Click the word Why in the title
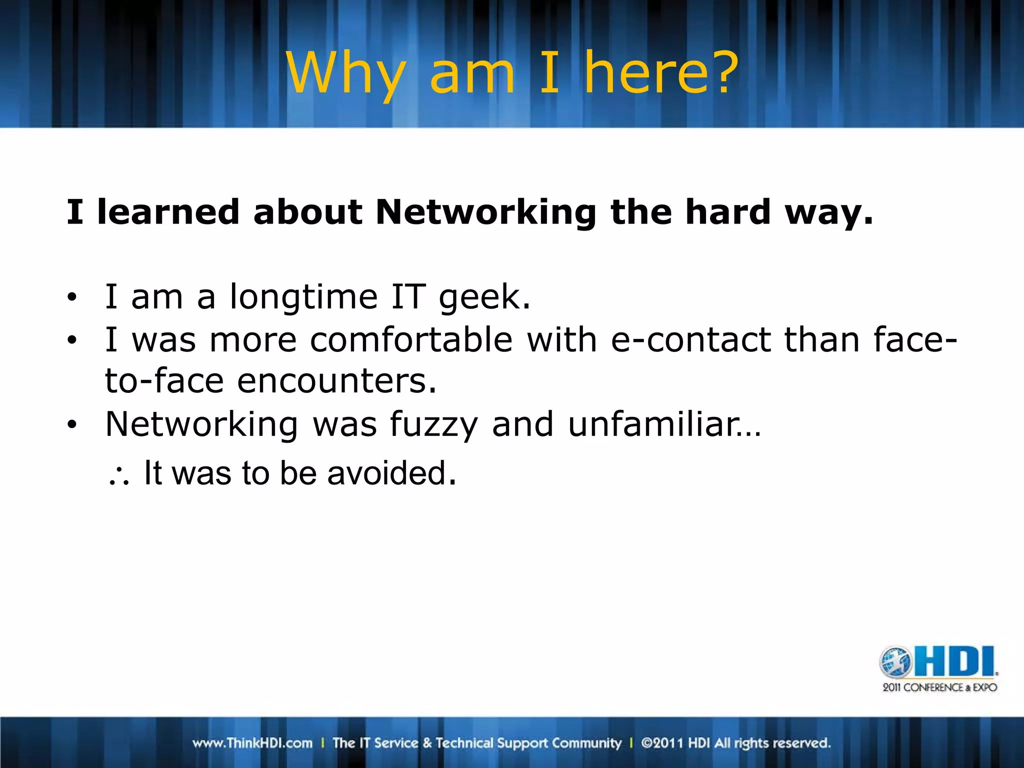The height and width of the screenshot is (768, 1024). pos(345,74)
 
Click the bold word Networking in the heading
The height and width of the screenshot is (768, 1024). pos(485,212)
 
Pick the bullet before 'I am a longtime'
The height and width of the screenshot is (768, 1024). pos(72,297)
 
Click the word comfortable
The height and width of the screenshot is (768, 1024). pos(411,340)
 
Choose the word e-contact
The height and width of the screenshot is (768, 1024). pos(690,340)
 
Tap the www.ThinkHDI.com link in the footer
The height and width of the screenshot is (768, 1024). pos(252,743)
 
